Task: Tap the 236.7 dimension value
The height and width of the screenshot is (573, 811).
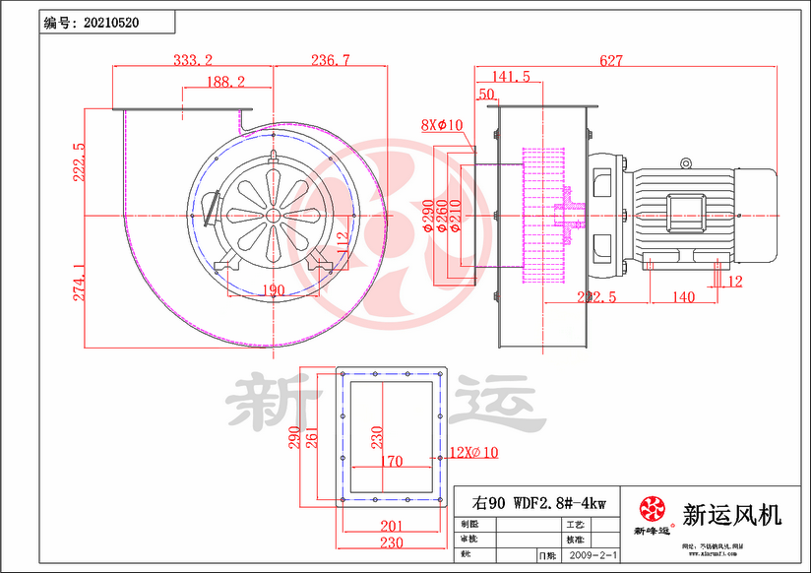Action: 330,60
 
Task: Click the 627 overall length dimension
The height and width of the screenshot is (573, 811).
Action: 610,60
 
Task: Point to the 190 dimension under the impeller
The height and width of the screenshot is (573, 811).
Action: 273,289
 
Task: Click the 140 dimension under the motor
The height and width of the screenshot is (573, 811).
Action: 683,297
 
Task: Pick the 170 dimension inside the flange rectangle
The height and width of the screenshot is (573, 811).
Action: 390,460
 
